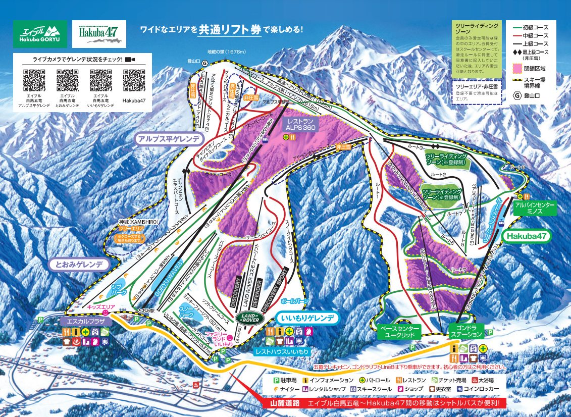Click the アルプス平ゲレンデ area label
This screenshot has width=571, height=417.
coord(169,139)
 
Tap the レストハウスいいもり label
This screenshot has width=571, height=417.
coord(282,350)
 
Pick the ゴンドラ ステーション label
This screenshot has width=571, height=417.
coord(466,331)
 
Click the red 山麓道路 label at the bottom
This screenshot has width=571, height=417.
coord(285,403)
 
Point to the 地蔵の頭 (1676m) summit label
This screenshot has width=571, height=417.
coord(226,51)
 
